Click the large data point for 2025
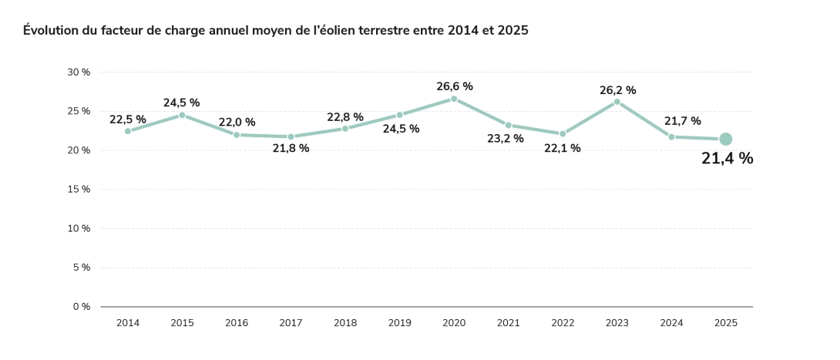click(725, 140)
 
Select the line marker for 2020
click(454, 99)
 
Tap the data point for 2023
click(617, 102)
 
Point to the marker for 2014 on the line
click(128, 131)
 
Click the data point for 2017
click(291, 136)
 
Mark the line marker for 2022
click(563, 134)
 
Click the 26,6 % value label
click(454, 86)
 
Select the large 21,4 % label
click(727, 159)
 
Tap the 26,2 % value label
click(617, 90)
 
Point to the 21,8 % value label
click(291, 148)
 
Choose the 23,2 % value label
click(505, 139)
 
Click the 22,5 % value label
click(128, 119)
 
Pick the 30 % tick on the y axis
click(79, 72)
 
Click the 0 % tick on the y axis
click(82, 307)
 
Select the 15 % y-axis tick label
click(79, 190)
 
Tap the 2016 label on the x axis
click(237, 323)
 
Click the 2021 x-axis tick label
click(508, 323)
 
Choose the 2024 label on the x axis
click(671, 323)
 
